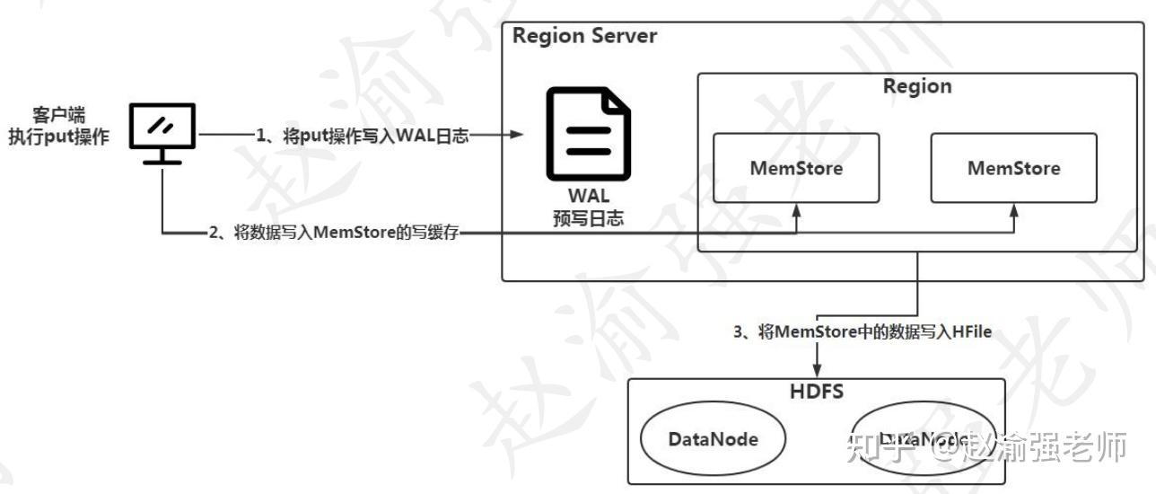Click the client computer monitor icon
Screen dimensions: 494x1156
[162, 132]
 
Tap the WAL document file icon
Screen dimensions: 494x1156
[590, 135]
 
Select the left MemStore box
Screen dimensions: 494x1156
[796, 168]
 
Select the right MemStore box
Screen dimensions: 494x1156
[1013, 168]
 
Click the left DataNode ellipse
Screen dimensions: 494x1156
[713, 439]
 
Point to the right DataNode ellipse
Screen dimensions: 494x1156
[924, 439]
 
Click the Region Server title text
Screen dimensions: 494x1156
[584, 37]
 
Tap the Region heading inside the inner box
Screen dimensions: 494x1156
[916, 87]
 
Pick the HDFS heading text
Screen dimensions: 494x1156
[815, 392]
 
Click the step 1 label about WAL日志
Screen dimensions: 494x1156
[362, 136]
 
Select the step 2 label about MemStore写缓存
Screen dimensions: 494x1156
[333, 234]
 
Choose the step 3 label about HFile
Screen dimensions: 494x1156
[862, 332]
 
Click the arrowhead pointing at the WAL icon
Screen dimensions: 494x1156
[517, 136]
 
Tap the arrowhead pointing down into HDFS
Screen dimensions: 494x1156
[817, 371]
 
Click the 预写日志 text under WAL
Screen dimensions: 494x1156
[588, 218]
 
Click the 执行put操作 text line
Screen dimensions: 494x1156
[58, 138]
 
